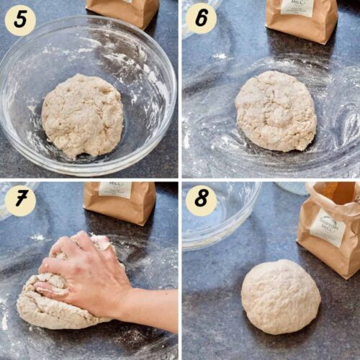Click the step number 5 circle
point(20,20)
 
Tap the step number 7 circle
point(20,201)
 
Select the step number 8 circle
point(202,201)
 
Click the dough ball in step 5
point(83,115)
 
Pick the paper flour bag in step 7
point(120,202)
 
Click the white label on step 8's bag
point(328,230)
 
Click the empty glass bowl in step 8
point(220,212)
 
